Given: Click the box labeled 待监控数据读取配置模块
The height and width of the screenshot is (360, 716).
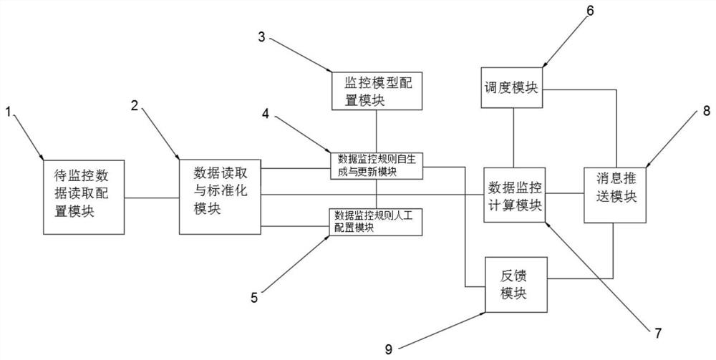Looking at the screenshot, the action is (x=84, y=197).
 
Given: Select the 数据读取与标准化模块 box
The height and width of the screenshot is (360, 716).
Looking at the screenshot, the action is (x=220, y=197).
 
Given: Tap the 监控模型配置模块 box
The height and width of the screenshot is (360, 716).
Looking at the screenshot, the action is (x=377, y=90).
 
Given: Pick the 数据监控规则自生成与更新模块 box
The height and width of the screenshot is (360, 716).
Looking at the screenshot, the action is (x=377, y=165).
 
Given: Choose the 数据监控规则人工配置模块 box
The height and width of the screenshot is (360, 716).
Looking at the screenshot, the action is (x=375, y=222).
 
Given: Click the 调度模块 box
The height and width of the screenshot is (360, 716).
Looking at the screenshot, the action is (x=512, y=87).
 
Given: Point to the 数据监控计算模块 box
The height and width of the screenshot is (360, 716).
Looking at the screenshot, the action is (x=515, y=195).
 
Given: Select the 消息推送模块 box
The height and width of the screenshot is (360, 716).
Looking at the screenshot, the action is (x=615, y=195).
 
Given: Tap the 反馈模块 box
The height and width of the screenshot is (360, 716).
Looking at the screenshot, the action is (x=516, y=284).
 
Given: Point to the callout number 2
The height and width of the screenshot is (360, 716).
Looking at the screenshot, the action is (x=135, y=105).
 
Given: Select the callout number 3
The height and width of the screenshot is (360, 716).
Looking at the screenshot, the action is (x=261, y=37).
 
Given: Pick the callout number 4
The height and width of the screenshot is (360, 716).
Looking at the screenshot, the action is (x=266, y=113).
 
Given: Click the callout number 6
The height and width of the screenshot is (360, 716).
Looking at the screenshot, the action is (x=591, y=11).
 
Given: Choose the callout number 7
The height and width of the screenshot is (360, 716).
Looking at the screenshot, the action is (x=658, y=334).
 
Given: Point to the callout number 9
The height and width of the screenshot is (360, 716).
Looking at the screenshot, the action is (x=389, y=349).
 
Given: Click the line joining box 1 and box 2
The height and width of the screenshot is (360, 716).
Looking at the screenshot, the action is (x=152, y=198).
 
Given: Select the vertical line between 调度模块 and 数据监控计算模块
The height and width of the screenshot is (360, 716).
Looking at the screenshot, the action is (x=514, y=138).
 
